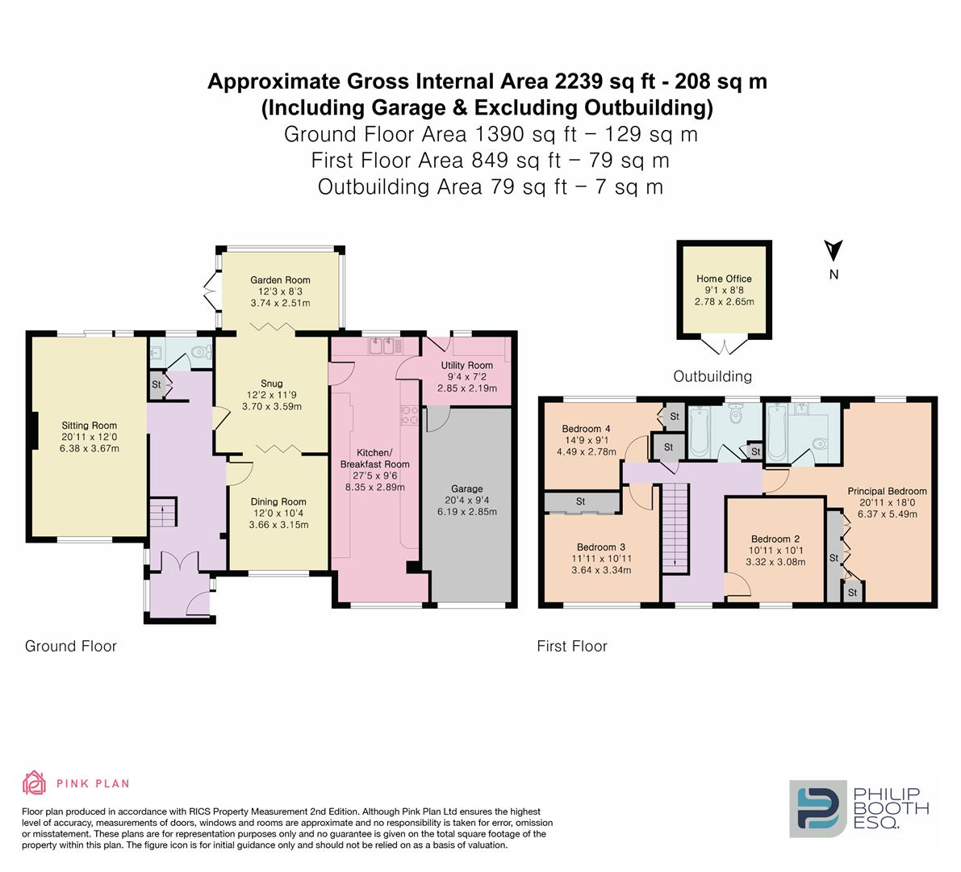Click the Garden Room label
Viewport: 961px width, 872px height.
click(x=280, y=280)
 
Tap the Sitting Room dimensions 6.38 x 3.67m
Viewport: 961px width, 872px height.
click(x=90, y=448)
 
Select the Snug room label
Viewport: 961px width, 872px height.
click(x=271, y=384)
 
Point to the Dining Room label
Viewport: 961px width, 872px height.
click(x=278, y=501)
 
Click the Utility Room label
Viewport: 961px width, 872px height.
click(x=467, y=366)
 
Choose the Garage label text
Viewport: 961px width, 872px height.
click(x=467, y=488)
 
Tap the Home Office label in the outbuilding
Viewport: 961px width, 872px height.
click(x=724, y=279)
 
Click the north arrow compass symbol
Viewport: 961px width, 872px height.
click(x=834, y=250)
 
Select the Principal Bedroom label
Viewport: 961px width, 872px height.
click(x=887, y=491)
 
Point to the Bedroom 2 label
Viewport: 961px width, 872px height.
click(x=775, y=539)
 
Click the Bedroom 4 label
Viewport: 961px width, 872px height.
click(x=586, y=429)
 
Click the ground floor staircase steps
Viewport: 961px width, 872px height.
click(x=162, y=513)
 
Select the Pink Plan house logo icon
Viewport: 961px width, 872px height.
click(x=35, y=783)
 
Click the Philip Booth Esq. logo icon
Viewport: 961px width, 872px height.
click(x=817, y=808)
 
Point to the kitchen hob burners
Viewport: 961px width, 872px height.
click(x=409, y=415)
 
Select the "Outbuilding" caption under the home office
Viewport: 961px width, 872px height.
click(x=712, y=376)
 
